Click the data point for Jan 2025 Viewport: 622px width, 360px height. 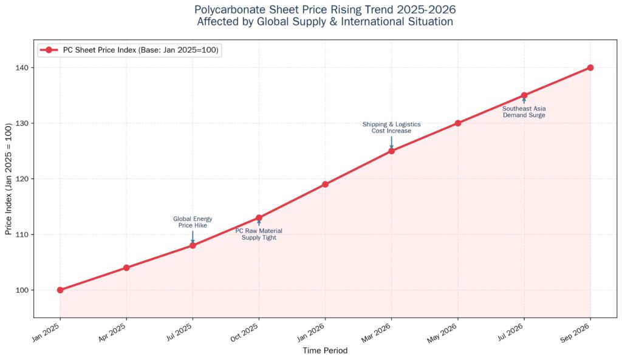click(x=60, y=290)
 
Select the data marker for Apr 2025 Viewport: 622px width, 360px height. click(x=126, y=268)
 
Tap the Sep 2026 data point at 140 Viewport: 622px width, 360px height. click(x=590, y=68)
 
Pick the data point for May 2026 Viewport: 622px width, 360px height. click(x=458, y=123)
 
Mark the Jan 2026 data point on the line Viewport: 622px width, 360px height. click(x=326, y=185)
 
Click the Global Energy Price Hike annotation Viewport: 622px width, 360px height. click(x=193, y=222)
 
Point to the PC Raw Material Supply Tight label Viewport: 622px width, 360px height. click(x=259, y=234)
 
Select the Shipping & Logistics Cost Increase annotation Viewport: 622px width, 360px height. click(x=392, y=127)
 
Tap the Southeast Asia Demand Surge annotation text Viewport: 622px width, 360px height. click(x=524, y=112)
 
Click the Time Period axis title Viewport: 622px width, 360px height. click(x=326, y=350)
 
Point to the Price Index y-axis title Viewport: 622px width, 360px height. click(x=9, y=179)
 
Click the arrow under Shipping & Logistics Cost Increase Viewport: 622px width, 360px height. click(x=392, y=143)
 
